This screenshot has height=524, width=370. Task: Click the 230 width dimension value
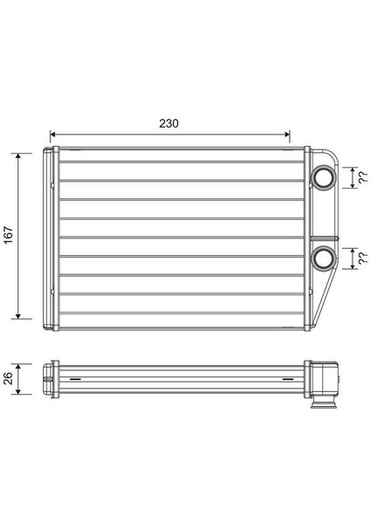click(x=169, y=123)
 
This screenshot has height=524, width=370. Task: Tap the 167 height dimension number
click(x=9, y=236)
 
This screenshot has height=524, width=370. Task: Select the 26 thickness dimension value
click(x=9, y=377)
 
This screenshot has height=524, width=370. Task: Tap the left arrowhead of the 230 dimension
click(x=53, y=134)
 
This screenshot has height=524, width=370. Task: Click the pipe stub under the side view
click(x=324, y=403)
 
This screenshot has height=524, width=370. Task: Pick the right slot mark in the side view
click(x=287, y=379)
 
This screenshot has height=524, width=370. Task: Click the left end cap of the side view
click(x=49, y=378)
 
